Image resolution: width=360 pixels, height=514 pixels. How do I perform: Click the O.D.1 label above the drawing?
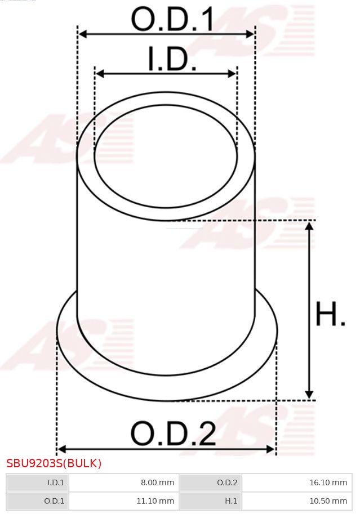click(172, 20)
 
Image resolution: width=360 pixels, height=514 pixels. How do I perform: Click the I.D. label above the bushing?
click(172, 59)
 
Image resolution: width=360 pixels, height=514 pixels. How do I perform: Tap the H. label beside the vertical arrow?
click(330, 315)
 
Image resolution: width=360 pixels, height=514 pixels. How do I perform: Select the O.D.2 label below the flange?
click(173, 433)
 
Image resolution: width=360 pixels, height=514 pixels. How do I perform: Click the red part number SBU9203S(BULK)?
click(54, 463)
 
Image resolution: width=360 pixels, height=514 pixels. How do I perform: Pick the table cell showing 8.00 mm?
click(123, 482)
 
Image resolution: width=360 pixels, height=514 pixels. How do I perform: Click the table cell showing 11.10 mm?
click(123, 500)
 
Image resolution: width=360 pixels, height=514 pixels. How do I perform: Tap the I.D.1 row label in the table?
click(37, 482)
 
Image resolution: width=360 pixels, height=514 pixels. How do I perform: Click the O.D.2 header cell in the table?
click(210, 482)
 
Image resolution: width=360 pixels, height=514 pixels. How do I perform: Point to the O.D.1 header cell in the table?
click(37, 500)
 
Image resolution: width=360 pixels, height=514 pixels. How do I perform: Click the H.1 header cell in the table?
click(210, 500)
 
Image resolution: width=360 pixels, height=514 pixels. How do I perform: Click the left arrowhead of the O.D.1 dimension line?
click(82, 34)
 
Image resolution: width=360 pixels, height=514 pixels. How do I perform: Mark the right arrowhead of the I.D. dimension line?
click(232, 74)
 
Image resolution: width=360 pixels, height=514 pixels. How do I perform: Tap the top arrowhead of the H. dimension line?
click(309, 226)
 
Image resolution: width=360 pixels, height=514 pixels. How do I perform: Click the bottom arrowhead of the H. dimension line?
click(309, 395)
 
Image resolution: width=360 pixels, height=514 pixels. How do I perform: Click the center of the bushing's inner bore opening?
click(166, 156)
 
